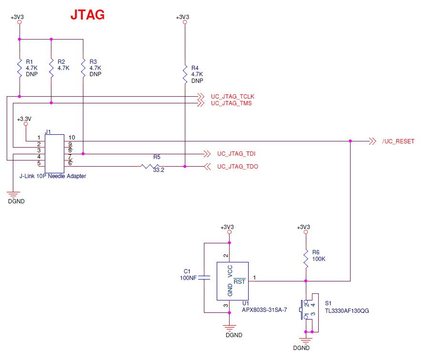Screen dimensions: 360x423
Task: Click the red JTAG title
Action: (x=88, y=15)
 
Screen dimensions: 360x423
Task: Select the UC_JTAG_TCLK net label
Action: (x=232, y=97)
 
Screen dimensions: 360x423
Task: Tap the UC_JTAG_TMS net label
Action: (x=231, y=103)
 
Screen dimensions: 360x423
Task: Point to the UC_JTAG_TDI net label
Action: (x=237, y=154)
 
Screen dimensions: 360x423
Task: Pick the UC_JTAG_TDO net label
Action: (x=238, y=167)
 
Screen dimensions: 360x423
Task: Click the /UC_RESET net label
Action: (x=398, y=141)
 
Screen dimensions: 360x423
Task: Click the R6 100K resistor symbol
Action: (x=305, y=259)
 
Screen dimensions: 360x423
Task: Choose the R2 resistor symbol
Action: (x=51, y=68)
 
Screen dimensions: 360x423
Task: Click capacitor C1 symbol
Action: (x=204, y=278)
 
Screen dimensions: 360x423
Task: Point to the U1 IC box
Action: (x=232, y=281)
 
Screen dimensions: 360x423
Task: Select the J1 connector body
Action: (x=54, y=153)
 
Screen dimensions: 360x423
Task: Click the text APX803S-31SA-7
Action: (x=264, y=310)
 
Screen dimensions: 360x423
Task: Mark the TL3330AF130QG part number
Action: (x=347, y=311)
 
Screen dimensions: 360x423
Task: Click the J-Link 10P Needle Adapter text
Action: (x=53, y=176)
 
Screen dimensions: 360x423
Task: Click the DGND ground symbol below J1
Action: (x=14, y=194)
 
